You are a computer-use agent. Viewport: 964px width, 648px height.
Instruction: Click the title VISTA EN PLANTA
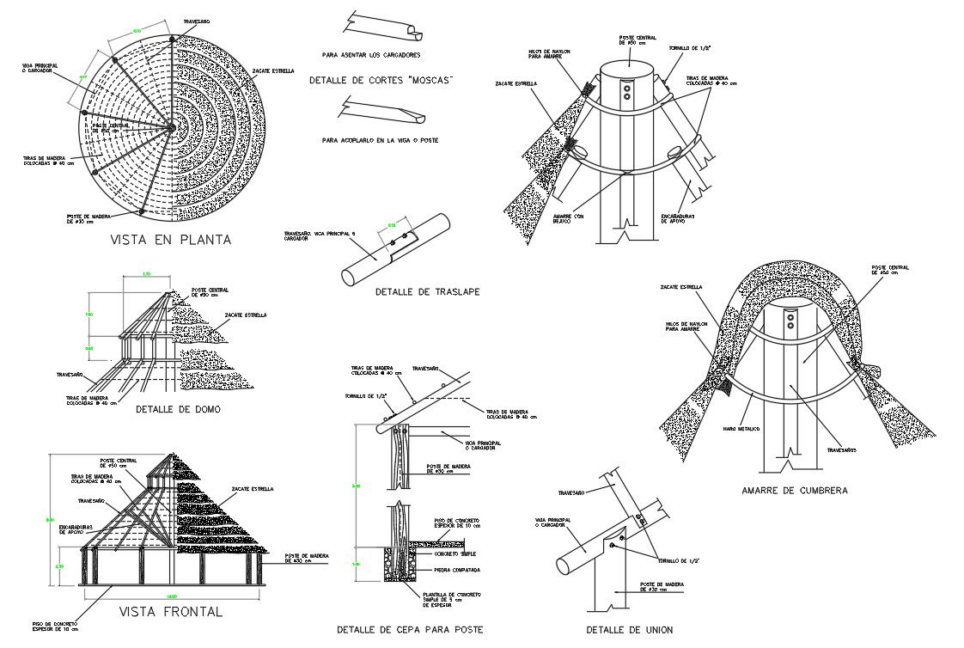tap(170, 240)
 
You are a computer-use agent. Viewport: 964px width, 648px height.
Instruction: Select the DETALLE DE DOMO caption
tap(178, 409)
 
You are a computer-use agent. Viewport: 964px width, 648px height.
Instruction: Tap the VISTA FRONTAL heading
tap(170, 612)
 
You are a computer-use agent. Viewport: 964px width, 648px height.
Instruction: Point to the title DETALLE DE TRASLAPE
tap(427, 292)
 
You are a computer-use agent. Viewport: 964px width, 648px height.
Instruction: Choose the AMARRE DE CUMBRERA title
tap(795, 491)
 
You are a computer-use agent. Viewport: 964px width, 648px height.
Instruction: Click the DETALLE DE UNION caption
tap(629, 630)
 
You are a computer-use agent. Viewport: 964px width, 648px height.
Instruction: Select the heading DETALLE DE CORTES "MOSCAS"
tap(380, 80)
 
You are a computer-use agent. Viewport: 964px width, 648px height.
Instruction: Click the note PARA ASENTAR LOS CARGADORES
tap(371, 55)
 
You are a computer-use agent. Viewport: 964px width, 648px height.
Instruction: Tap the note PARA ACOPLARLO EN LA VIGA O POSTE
tap(375, 139)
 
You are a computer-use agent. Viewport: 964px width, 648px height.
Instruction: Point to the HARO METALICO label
tap(741, 428)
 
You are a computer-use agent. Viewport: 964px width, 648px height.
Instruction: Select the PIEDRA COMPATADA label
tap(457, 570)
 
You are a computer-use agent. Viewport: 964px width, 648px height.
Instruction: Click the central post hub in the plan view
tap(172, 127)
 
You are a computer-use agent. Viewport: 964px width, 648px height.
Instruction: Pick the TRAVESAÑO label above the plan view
tap(198, 21)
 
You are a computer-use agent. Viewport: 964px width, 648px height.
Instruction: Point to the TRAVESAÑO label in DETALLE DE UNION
tap(571, 492)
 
